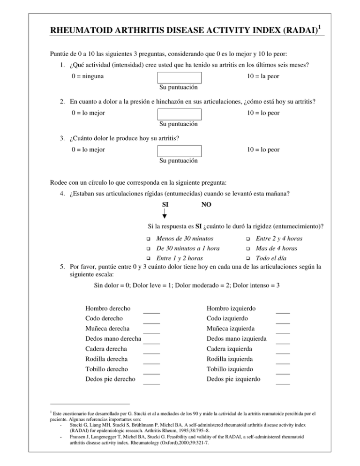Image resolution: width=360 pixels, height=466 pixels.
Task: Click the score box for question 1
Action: pos(180,77)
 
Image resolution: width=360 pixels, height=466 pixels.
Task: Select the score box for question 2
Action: pos(180,114)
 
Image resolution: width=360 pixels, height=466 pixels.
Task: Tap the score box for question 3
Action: pos(180,150)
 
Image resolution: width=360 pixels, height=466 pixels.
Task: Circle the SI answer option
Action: pos(165,205)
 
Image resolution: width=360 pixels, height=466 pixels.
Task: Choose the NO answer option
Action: pos(206,205)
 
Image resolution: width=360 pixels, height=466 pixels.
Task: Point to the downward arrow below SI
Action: pos(165,215)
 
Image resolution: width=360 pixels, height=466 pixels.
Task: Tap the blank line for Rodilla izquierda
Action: pos(283,363)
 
